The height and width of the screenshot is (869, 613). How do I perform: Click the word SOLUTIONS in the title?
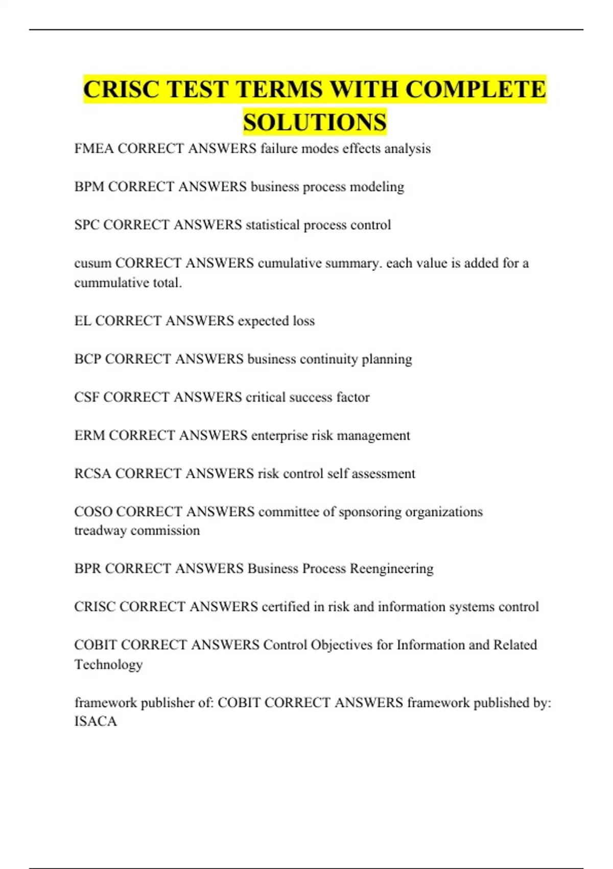(x=315, y=122)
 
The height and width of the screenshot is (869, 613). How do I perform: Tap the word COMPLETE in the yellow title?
(x=476, y=89)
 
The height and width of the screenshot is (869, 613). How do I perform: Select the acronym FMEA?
(x=94, y=149)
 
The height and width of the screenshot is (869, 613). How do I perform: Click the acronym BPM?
(x=89, y=187)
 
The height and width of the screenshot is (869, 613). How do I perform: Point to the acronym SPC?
(x=87, y=225)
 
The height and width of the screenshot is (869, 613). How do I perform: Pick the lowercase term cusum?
(x=92, y=263)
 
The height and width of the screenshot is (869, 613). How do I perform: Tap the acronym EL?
(x=83, y=321)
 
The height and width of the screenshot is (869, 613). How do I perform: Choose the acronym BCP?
(x=88, y=359)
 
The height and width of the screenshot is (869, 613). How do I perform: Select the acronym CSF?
(x=87, y=397)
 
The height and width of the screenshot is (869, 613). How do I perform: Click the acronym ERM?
(x=90, y=436)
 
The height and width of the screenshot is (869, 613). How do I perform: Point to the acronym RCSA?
(x=93, y=474)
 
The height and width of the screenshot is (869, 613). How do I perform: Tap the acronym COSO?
(x=93, y=512)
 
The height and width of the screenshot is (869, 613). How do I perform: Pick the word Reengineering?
(x=391, y=568)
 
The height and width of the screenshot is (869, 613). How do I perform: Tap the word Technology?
(x=108, y=665)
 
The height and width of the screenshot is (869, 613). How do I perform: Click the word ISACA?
(x=96, y=721)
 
